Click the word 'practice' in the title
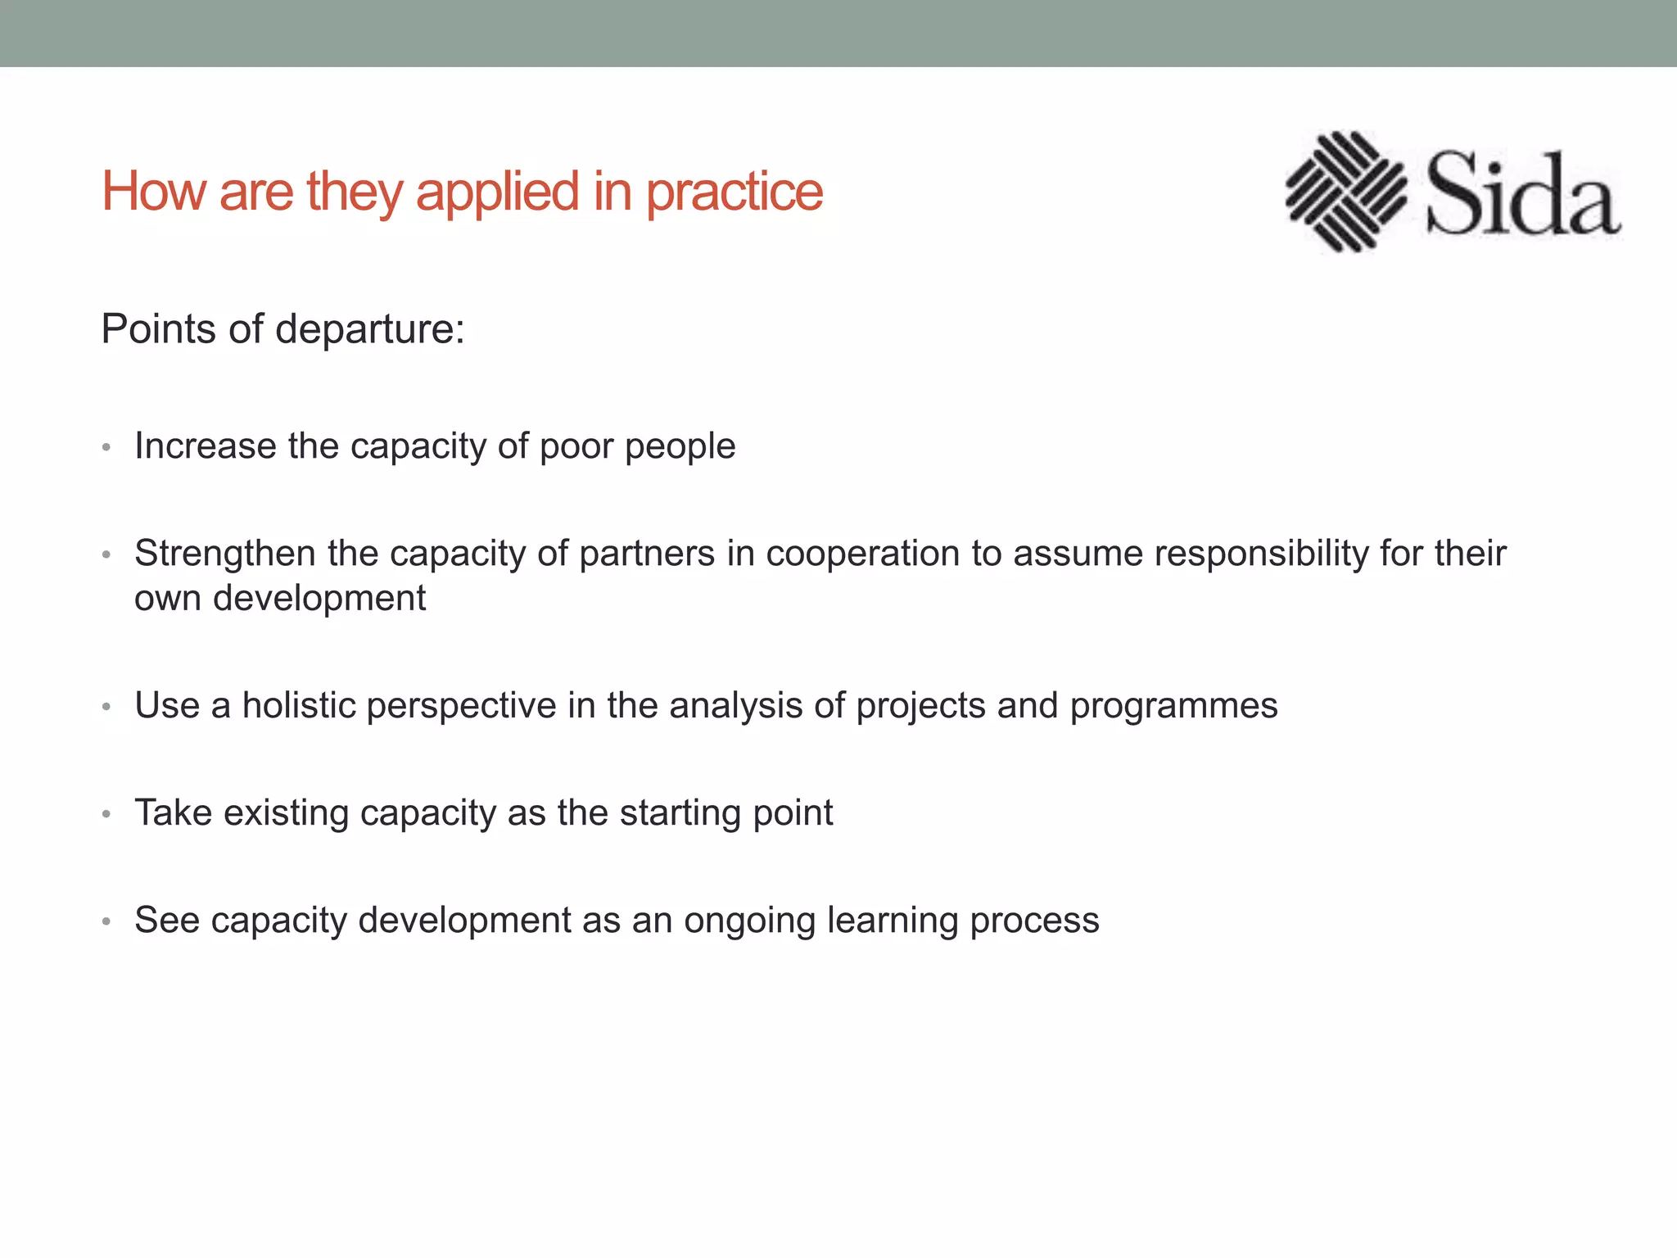(x=734, y=193)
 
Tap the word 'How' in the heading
(x=153, y=192)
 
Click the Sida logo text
(x=1522, y=195)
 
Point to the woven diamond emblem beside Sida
(x=1345, y=192)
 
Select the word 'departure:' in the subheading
(x=370, y=330)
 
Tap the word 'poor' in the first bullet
(x=576, y=447)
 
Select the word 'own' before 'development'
(x=168, y=599)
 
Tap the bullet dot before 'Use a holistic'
(x=106, y=707)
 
